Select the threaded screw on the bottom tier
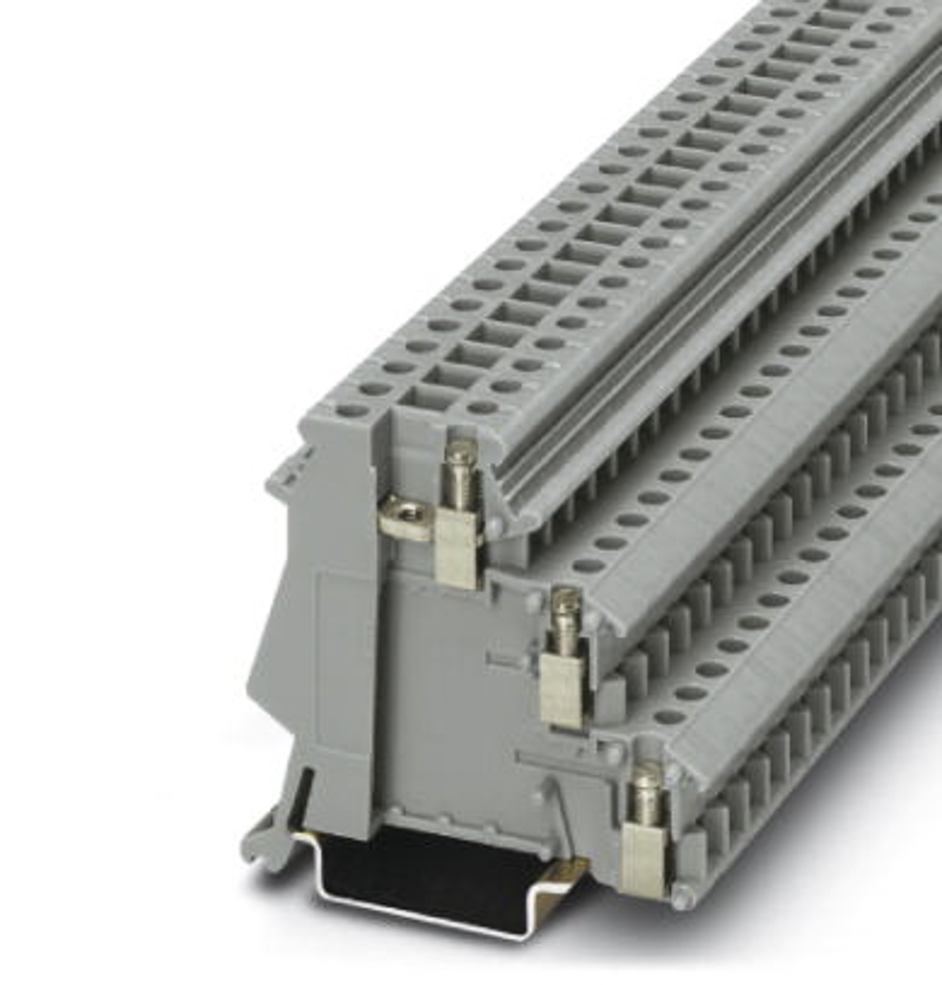click(x=646, y=792)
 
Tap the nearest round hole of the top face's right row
click(x=484, y=407)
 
